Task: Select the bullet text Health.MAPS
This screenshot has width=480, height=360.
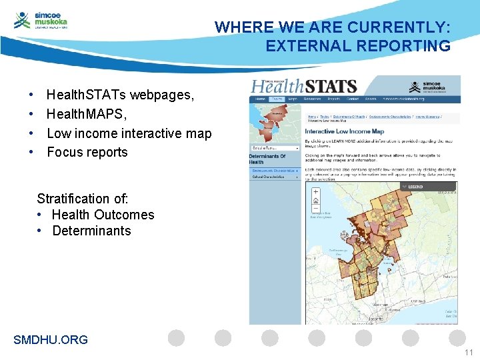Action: (x=87, y=114)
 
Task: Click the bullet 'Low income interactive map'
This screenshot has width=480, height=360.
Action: (x=129, y=133)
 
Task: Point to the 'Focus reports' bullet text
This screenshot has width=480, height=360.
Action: (x=87, y=152)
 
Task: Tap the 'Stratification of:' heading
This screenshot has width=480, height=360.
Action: (x=83, y=199)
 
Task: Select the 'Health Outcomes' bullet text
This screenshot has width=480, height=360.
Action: (x=103, y=215)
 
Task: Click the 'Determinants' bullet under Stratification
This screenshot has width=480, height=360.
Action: (x=91, y=231)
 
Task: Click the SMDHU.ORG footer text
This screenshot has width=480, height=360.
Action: (x=51, y=340)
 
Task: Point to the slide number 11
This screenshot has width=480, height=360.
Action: (x=467, y=352)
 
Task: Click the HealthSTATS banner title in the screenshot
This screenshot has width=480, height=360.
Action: (x=304, y=87)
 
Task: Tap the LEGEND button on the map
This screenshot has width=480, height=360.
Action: (x=413, y=187)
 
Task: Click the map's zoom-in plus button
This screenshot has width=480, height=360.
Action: (x=315, y=192)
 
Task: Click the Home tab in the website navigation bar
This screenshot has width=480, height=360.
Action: (x=260, y=99)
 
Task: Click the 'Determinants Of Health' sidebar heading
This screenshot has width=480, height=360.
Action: (x=267, y=159)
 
